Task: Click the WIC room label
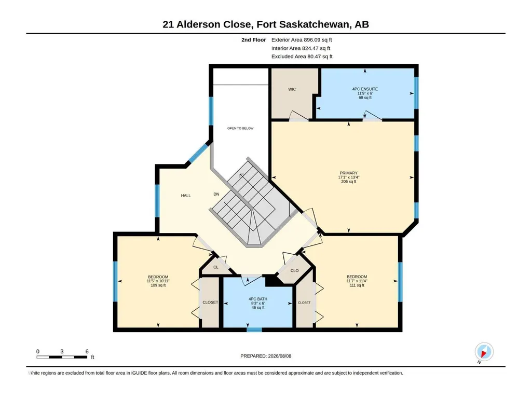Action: [x=292, y=89]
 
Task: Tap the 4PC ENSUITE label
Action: [x=365, y=89]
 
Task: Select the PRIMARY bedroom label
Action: [x=348, y=173]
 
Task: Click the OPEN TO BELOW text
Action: [x=240, y=128]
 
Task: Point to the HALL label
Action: [x=186, y=196]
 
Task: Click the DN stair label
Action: [x=216, y=194]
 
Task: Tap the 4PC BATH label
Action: [x=258, y=299]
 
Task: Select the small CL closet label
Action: [x=216, y=267]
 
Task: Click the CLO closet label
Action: [x=294, y=270]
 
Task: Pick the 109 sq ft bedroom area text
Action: [x=158, y=285]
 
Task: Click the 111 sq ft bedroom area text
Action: [x=357, y=285]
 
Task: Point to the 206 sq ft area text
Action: [x=348, y=182]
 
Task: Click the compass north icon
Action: [x=484, y=352]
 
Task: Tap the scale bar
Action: [x=62, y=357]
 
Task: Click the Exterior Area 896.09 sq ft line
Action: [x=302, y=40]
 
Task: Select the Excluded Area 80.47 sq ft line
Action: [x=302, y=57]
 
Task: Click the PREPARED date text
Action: [x=266, y=356]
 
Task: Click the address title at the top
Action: [x=266, y=24]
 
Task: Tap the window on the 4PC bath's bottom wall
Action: [x=254, y=329]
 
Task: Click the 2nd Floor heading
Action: [x=253, y=40]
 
